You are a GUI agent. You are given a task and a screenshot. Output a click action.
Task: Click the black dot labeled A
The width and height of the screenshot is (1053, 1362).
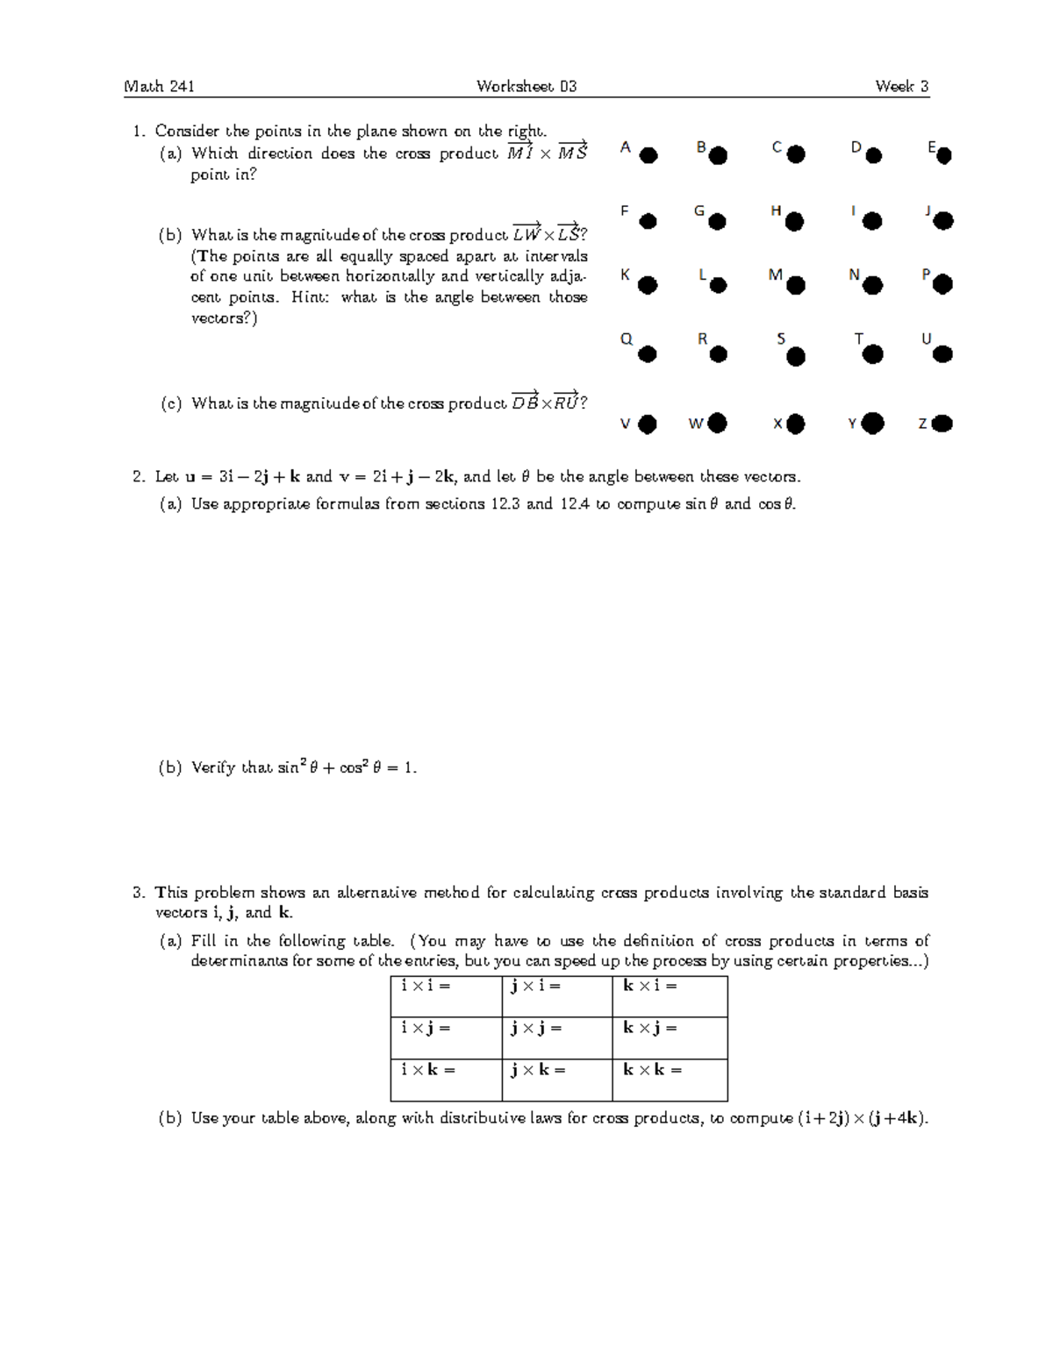click(648, 156)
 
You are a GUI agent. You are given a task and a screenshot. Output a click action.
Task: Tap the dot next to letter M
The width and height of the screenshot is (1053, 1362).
click(796, 284)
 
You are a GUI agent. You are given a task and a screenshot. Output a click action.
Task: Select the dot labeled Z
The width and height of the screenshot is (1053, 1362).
click(942, 424)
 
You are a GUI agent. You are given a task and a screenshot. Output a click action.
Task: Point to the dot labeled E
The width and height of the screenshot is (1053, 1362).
click(944, 156)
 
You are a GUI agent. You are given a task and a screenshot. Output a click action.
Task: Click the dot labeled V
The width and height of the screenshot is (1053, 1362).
click(648, 424)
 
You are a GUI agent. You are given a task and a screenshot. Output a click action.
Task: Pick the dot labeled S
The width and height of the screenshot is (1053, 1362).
click(796, 356)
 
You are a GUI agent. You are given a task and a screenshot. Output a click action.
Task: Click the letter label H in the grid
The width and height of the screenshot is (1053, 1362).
click(776, 210)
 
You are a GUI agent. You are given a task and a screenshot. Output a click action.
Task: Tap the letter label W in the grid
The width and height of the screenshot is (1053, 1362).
click(696, 424)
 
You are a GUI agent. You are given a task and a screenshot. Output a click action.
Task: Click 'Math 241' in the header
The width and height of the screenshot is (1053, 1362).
click(159, 86)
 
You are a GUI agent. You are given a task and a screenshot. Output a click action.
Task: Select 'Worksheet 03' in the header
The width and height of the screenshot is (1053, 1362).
click(526, 86)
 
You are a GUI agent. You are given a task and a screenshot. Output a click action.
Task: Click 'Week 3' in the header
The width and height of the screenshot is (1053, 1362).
click(901, 86)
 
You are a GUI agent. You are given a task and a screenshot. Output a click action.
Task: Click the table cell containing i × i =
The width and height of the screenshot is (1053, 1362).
click(446, 996)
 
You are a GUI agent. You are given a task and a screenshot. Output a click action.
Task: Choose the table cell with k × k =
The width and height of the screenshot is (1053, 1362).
click(670, 1080)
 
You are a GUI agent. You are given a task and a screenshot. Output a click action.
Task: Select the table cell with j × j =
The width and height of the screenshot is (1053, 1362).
click(556, 1038)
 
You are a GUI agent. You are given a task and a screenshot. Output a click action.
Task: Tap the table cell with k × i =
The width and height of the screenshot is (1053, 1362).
click(670, 996)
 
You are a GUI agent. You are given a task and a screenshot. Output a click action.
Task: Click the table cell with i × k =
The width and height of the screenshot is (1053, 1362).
click(446, 1080)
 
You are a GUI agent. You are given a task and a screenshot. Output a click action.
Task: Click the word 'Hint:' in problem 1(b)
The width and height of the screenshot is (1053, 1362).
click(307, 297)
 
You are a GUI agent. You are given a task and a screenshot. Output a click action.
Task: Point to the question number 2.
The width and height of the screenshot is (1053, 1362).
click(138, 477)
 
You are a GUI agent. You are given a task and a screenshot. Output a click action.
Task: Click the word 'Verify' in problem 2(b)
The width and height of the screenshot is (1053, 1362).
click(213, 768)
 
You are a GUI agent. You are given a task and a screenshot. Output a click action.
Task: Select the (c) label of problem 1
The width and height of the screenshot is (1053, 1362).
click(170, 403)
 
